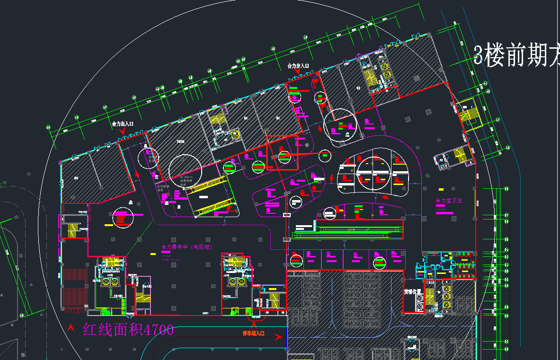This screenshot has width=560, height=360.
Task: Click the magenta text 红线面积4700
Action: pyautogui.click(x=128, y=330)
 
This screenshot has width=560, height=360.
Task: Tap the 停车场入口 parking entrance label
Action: pyautogui.click(x=253, y=334)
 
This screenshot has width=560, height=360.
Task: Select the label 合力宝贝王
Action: pyautogui.click(x=448, y=201)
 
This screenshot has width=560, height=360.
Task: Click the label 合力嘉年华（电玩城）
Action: pyautogui.click(x=187, y=247)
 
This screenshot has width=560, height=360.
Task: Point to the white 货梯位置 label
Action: pyautogui.click(x=412, y=292)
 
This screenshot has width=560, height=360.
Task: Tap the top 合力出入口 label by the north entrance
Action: pyautogui.click(x=298, y=67)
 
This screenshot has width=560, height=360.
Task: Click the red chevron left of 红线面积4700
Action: pyautogui.click(x=71, y=327)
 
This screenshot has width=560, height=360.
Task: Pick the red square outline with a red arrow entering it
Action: pyautogui.click(x=283, y=152)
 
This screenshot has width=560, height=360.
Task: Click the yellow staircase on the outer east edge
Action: pyautogui.click(x=470, y=114)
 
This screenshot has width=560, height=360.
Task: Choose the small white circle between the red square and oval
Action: pyautogui.click(x=325, y=155)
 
